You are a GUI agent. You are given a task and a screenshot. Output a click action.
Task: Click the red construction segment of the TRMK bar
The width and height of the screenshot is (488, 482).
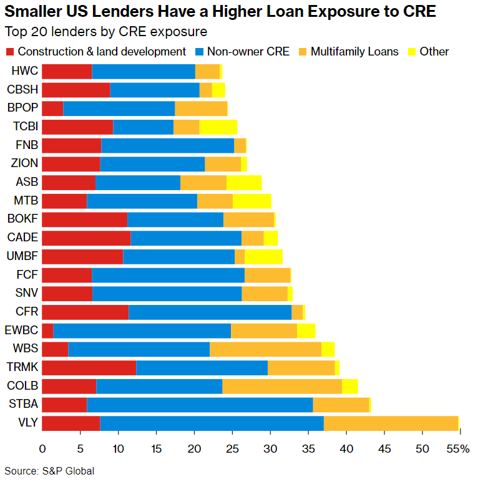[89, 368]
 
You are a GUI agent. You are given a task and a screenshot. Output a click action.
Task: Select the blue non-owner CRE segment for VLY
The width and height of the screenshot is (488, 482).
[212, 423]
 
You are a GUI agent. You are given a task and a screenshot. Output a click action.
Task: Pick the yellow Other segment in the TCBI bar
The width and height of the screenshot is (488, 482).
[218, 127]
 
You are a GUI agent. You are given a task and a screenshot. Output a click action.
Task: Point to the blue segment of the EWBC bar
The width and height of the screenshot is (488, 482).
[142, 330]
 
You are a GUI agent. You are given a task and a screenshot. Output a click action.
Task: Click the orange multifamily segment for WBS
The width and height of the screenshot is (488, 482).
[265, 349]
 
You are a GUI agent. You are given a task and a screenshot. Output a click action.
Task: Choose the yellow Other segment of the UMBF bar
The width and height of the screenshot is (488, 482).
[263, 256]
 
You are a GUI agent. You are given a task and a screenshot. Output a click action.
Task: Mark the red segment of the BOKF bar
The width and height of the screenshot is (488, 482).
[84, 219]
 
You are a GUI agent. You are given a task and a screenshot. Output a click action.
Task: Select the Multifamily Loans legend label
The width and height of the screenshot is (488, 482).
[354, 52]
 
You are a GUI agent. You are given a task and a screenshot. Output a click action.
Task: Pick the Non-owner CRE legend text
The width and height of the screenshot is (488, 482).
[248, 52]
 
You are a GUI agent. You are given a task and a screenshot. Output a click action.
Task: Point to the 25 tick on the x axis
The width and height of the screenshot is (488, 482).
[232, 449]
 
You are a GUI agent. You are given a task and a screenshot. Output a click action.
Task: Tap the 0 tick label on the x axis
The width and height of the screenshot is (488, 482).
[42, 449]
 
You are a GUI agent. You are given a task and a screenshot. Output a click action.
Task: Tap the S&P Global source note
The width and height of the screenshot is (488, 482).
[50, 471]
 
